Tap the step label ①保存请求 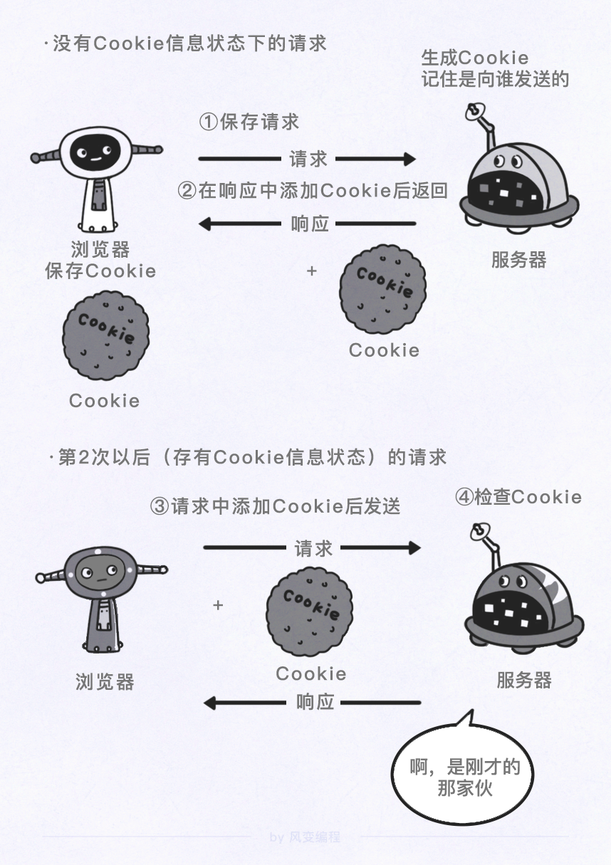pyautogui.click(x=249, y=122)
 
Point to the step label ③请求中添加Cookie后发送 pyautogui.click(x=276, y=506)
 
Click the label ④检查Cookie pyautogui.click(x=518, y=497)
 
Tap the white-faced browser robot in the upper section pyautogui.click(x=96, y=178)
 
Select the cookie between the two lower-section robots pyautogui.click(x=311, y=612)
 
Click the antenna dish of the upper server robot pyautogui.click(x=474, y=111)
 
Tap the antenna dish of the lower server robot pyautogui.click(x=478, y=531)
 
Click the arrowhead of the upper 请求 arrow pyautogui.click(x=408, y=158)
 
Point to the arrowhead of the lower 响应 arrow pyautogui.click(x=210, y=703)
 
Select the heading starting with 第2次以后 pyautogui.click(x=249, y=456)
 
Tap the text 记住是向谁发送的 pyautogui.click(x=495, y=78)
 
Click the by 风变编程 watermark pyautogui.click(x=305, y=837)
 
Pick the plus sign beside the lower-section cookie pyautogui.click(x=219, y=605)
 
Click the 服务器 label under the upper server pyautogui.click(x=518, y=260)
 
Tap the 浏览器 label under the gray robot pyautogui.click(x=105, y=682)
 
